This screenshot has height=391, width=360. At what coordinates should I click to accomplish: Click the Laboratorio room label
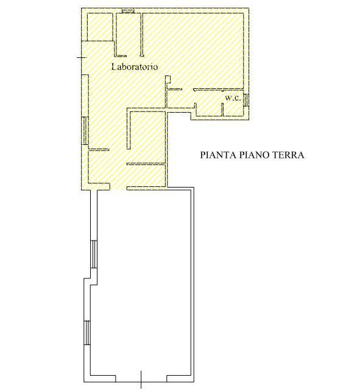[135, 67]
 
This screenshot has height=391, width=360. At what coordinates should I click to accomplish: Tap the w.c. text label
[233, 98]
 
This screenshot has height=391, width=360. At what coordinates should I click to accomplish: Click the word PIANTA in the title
[218, 155]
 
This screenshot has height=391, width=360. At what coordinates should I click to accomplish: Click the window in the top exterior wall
[128, 11]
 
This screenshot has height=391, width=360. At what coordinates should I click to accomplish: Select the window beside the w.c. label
[246, 100]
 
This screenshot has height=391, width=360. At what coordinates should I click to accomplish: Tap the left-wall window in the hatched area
[85, 130]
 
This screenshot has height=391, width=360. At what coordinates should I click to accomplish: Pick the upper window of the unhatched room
[94, 254]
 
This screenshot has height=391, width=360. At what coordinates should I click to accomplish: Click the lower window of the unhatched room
[87, 333]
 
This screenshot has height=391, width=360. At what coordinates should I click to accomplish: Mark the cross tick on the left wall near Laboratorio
[82, 57]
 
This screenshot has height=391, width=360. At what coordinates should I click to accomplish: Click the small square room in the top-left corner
[100, 27]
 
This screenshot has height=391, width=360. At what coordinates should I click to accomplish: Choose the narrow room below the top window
[129, 34]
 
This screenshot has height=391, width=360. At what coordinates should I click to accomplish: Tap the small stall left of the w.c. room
[209, 109]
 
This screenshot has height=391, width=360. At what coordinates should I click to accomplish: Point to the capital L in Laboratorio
[113, 67]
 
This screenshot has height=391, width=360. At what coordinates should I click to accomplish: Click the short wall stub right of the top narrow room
[142, 35]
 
